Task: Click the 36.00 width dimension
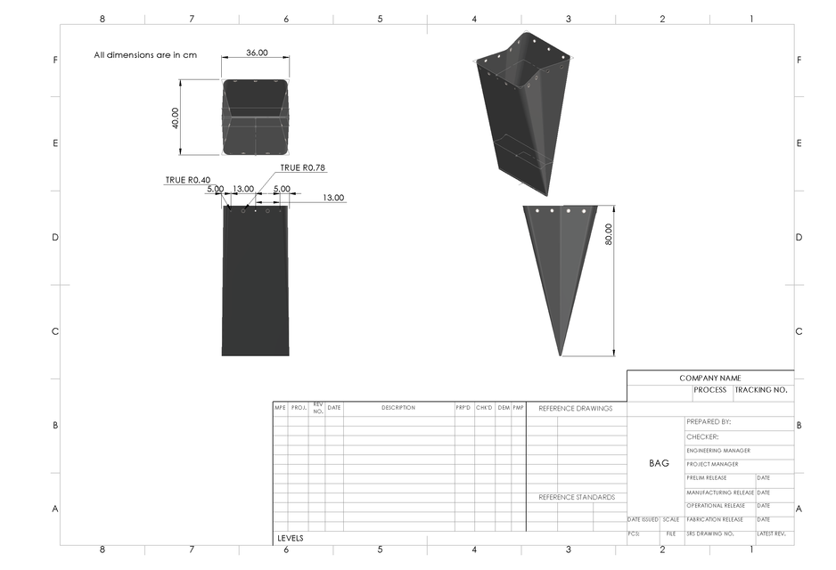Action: pos(257,53)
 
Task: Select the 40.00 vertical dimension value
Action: pos(175,118)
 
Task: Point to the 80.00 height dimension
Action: pos(609,234)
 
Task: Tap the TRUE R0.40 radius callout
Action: pos(187,180)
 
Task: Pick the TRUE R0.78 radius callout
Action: pos(302,167)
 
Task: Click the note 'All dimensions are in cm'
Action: pos(145,55)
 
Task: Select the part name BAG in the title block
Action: pos(659,463)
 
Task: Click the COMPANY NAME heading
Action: pos(709,379)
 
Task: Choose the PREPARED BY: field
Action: pos(709,422)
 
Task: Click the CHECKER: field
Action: pos(702,437)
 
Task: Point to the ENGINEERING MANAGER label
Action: pos(718,451)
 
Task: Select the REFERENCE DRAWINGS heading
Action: pos(575,408)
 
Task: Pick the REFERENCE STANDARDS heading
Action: pos(576,497)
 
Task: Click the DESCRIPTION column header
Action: pos(398,408)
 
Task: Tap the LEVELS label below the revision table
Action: pos(291,538)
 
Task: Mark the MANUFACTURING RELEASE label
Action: pos(720,493)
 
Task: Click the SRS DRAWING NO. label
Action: pos(709,533)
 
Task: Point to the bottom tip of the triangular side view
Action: pos(560,355)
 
